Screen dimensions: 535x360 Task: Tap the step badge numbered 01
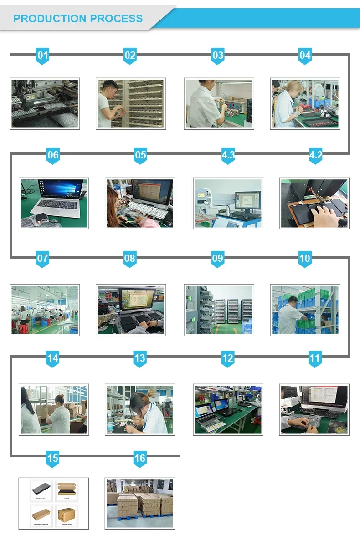coord(42,56)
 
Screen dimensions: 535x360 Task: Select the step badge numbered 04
coord(305,56)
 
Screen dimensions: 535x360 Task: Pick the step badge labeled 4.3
coord(228,156)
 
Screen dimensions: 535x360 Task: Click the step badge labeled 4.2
coord(315,156)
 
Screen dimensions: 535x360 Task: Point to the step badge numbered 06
coord(53,156)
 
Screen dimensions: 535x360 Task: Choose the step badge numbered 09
coord(217,259)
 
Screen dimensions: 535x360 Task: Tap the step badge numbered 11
coord(315,359)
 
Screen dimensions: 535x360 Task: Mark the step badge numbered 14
coord(53,359)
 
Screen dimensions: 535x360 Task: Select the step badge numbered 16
coord(140,459)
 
